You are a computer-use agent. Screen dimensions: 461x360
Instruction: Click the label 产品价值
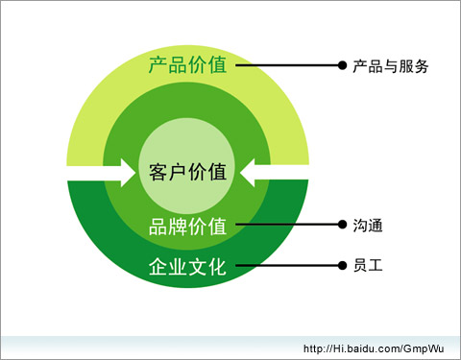pyautogui.click(x=188, y=65)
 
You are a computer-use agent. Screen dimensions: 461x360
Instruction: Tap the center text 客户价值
pyautogui.click(x=188, y=172)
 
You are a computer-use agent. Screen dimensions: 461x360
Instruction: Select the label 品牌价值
pyautogui.click(x=188, y=227)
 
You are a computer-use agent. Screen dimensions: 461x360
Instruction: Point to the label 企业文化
pyautogui.click(x=188, y=266)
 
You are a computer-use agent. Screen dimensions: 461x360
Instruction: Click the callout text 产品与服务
pyautogui.click(x=391, y=66)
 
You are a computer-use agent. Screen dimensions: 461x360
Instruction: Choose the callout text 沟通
pyautogui.click(x=368, y=226)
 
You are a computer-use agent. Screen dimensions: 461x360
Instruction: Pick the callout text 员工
pyautogui.click(x=368, y=266)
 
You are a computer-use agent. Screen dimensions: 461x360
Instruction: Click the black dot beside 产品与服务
pyautogui.click(x=342, y=65)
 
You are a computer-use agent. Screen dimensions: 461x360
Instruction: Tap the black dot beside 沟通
pyautogui.click(x=342, y=225)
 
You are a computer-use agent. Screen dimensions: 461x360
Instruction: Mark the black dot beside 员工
pyautogui.click(x=342, y=265)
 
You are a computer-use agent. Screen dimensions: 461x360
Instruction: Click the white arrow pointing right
pyautogui.click(x=102, y=173)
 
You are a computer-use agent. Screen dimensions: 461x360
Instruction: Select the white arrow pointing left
pyautogui.click(x=275, y=173)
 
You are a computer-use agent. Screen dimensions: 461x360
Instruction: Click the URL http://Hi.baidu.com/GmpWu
pyautogui.click(x=374, y=348)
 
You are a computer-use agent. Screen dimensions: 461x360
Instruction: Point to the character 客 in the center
pyautogui.click(x=158, y=172)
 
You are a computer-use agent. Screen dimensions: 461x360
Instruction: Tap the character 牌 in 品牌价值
pyautogui.click(x=178, y=227)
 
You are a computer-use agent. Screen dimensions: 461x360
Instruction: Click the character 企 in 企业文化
pyautogui.click(x=158, y=266)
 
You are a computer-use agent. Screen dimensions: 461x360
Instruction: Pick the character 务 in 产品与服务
pyautogui.click(x=422, y=66)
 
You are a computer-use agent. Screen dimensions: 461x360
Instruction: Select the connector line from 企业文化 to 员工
pyautogui.click(x=287, y=265)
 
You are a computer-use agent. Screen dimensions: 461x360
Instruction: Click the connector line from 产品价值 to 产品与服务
pyautogui.click(x=287, y=65)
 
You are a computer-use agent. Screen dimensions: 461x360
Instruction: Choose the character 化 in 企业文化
pyautogui.click(x=218, y=266)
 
